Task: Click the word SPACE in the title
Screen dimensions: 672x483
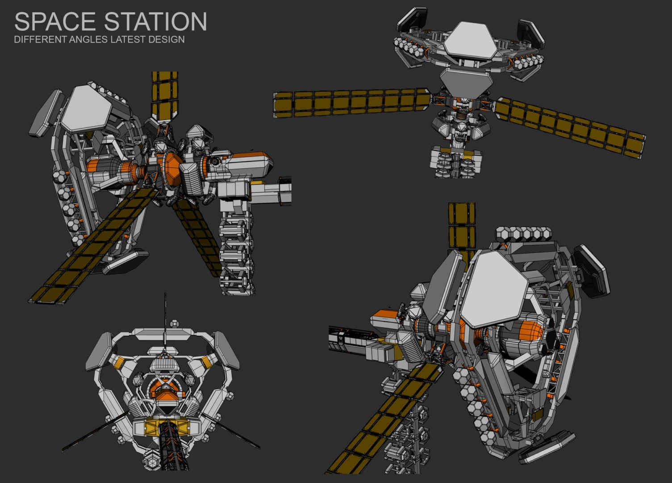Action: [55, 21]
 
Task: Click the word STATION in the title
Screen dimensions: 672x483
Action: [155, 21]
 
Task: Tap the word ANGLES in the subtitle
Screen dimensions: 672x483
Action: [88, 39]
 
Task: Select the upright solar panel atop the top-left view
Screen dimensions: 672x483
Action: [164, 96]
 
